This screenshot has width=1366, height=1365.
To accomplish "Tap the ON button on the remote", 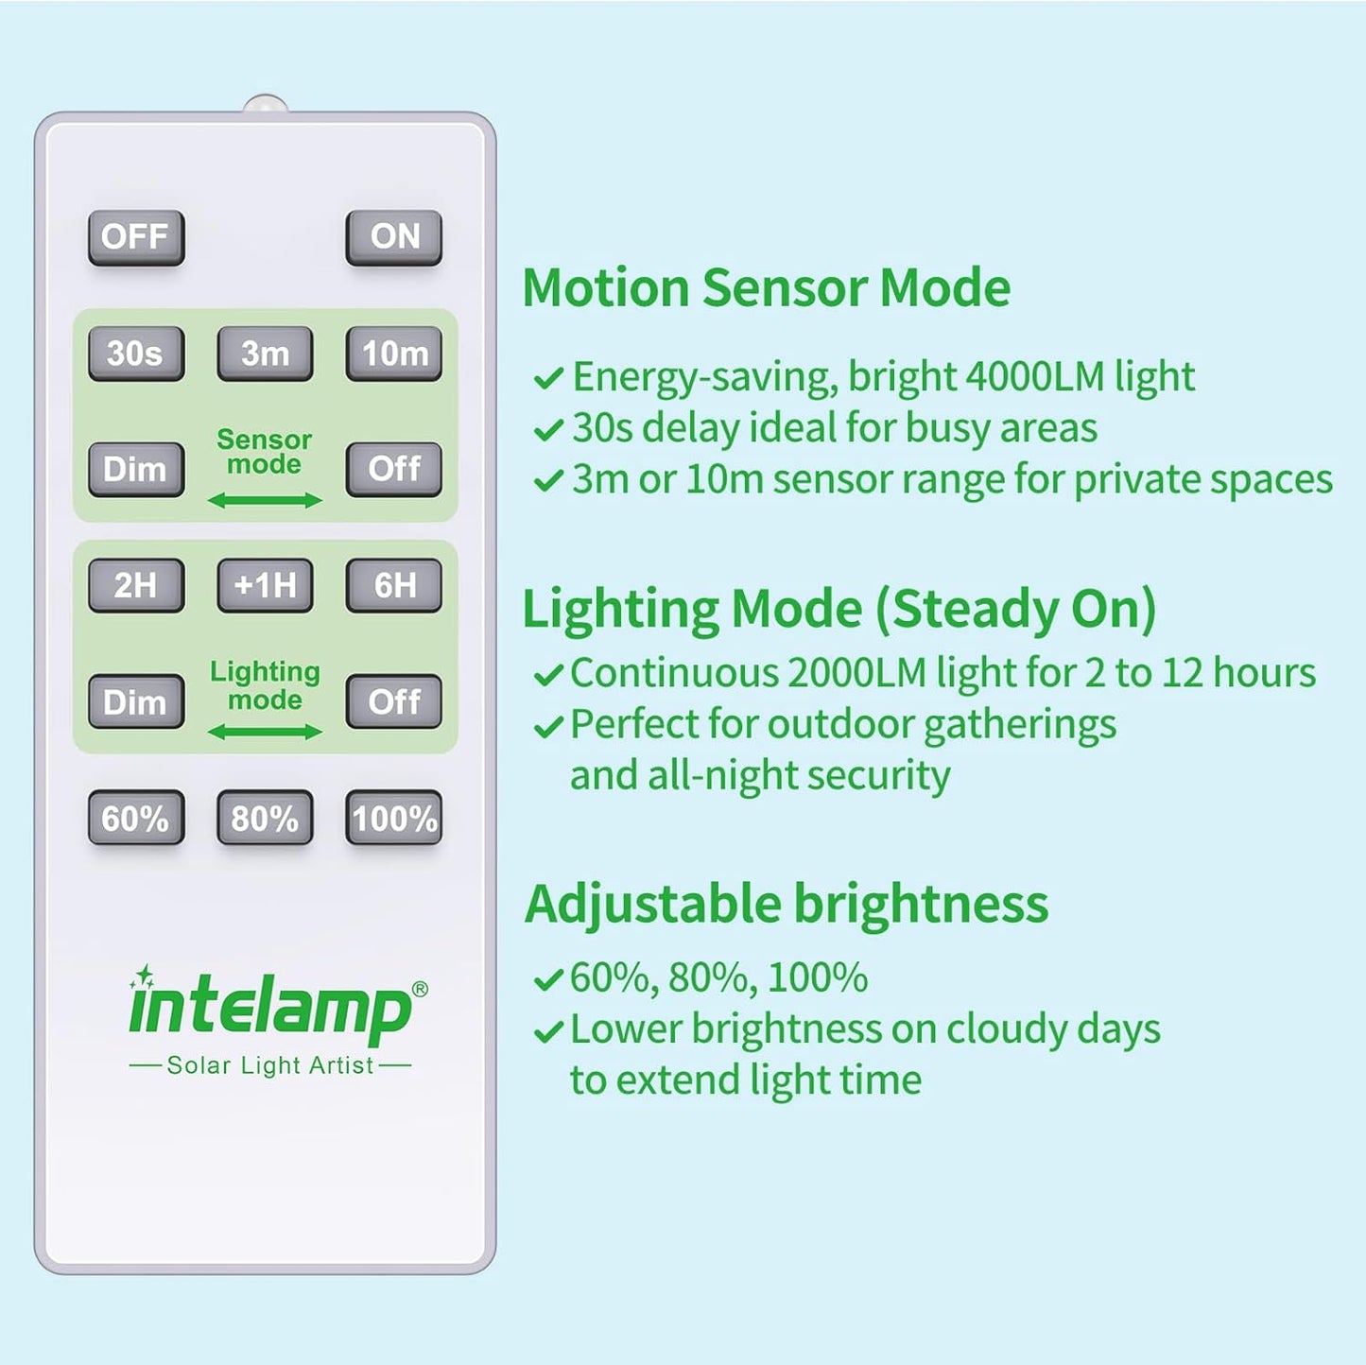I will pyautogui.click(x=393, y=237).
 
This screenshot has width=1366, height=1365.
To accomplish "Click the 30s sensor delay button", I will pyautogui.click(x=136, y=354).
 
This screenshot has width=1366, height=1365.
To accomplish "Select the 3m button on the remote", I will pyautogui.click(x=265, y=354).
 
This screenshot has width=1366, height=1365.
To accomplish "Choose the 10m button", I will pyautogui.click(x=393, y=354).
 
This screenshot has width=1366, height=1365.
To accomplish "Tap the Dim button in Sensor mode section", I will pyautogui.click(x=136, y=469).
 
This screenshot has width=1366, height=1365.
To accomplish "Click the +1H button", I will pyautogui.click(x=265, y=585).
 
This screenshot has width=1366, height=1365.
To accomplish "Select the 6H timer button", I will pyautogui.click(x=393, y=585).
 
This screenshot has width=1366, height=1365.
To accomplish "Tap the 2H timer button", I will pyautogui.click(x=136, y=585).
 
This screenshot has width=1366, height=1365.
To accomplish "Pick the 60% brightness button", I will pyautogui.click(x=136, y=818).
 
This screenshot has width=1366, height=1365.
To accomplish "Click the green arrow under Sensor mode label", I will pyautogui.click(x=265, y=500).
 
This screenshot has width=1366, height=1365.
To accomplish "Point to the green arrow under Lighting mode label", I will pyautogui.click(x=265, y=732).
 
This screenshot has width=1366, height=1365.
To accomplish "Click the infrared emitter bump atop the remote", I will pyautogui.click(x=266, y=103).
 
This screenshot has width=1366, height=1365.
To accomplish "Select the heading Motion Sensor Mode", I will pyautogui.click(x=766, y=287).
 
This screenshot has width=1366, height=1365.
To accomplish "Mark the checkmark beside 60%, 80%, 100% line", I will pyautogui.click(x=548, y=979).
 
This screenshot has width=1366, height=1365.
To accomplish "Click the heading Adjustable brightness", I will pyautogui.click(x=787, y=904).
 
